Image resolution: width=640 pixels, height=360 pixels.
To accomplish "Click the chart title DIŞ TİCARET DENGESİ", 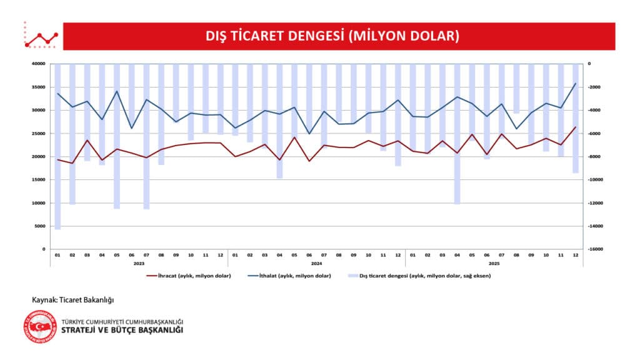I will point(332,36).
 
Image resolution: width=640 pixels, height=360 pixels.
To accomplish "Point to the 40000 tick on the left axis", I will point(39,64).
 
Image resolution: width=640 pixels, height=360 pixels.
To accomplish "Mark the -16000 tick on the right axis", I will point(596,249).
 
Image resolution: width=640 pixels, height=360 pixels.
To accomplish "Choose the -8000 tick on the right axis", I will point(594,157).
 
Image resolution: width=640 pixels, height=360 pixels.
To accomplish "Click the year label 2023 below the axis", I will point(139,263).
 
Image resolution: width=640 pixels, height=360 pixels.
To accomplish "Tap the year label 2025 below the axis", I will point(494,263).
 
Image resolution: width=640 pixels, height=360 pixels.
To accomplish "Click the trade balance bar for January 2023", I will point(57,147).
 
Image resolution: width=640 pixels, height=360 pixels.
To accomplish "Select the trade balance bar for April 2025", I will point(457,134).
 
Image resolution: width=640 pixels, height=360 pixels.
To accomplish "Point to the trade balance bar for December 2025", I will point(575,118).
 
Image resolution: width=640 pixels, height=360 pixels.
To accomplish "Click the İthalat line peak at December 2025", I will point(575,83).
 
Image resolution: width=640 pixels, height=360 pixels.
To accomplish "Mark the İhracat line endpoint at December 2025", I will point(575,127).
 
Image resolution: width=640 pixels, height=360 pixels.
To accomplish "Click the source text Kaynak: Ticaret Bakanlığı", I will point(73,299).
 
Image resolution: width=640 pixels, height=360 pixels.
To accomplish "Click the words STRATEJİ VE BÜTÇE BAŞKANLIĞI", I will point(122,330).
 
